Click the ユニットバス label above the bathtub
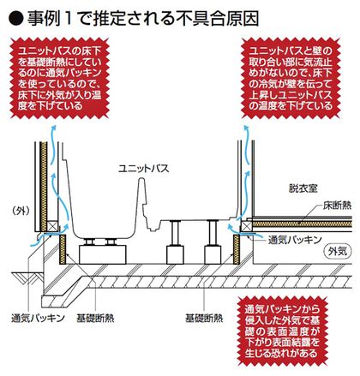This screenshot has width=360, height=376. pyautogui.click(x=144, y=168)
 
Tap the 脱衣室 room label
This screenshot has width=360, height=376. pyautogui.click(x=303, y=188)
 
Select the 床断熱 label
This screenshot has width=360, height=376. pyautogui.click(x=337, y=206)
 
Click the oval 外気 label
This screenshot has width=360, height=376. pyautogui.click(x=338, y=251)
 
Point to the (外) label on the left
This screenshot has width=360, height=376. pyautogui.click(x=21, y=211)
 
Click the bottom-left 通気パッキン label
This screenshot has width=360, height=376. pyautogui.click(x=38, y=318)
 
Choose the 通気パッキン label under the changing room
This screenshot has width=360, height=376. pyautogui.click(x=295, y=240)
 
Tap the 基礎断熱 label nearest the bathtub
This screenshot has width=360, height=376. pyautogui.click(x=95, y=318)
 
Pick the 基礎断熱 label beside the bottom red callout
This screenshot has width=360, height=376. pyautogui.click(x=204, y=318)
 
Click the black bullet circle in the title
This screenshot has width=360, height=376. pyautogui.click(x=16, y=19)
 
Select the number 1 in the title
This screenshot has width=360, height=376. pyautogui.click(x=68, y=19)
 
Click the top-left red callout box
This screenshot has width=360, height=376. pyautogui.click(x=60, y=79)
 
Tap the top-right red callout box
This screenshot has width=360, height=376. pyautogui.click(x=291, y=79)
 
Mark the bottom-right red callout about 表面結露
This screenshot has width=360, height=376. pyautogui.click(x=282, y=331)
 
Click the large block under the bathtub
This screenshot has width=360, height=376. pyautogui.click(x=103, y=254)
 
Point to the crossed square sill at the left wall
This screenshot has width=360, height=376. pyautogui.click(x=52, y=226)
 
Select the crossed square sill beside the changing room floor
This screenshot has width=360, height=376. pyautogui.click(x=246, y=226)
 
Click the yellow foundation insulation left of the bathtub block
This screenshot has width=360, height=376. pyautogui.click(x=63, y=249)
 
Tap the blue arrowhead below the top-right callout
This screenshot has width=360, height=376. pyautogui.click(x=246, y=128)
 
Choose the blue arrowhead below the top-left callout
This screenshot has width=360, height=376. pyautogui.click(x=53, y=128)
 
